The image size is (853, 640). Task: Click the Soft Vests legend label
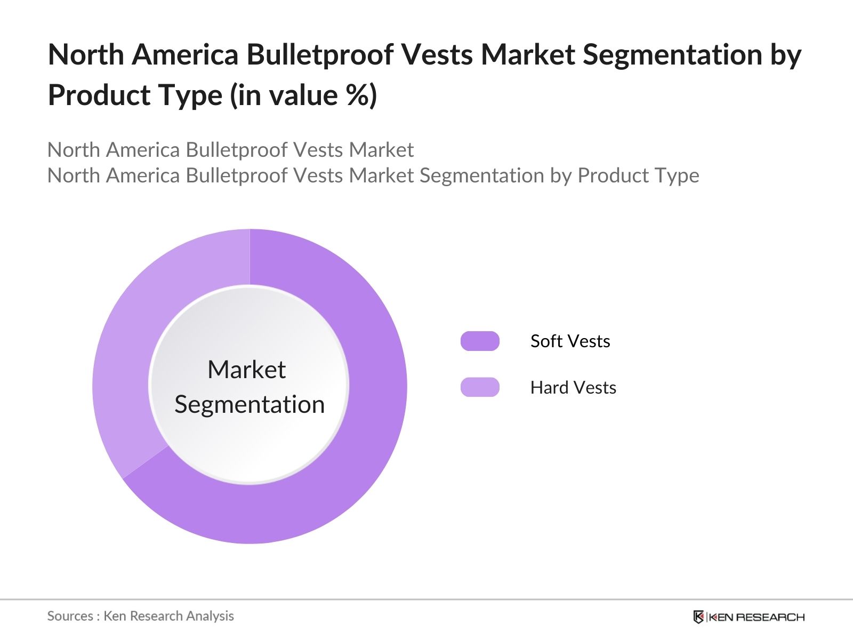point(570,341)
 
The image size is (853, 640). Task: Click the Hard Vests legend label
point(573,387)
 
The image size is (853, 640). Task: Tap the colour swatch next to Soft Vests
point(480,341)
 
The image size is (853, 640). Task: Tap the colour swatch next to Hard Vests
point(480,387)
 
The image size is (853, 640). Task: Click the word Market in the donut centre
point(246,370)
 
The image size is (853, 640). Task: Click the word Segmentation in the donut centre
point(250,404)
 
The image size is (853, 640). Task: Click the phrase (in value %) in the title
point(303,95)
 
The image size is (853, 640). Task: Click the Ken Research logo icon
point(698,617)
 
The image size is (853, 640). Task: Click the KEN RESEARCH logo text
point(756,617)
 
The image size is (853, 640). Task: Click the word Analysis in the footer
point(209,616)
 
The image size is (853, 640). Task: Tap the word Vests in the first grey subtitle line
point(318,150)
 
